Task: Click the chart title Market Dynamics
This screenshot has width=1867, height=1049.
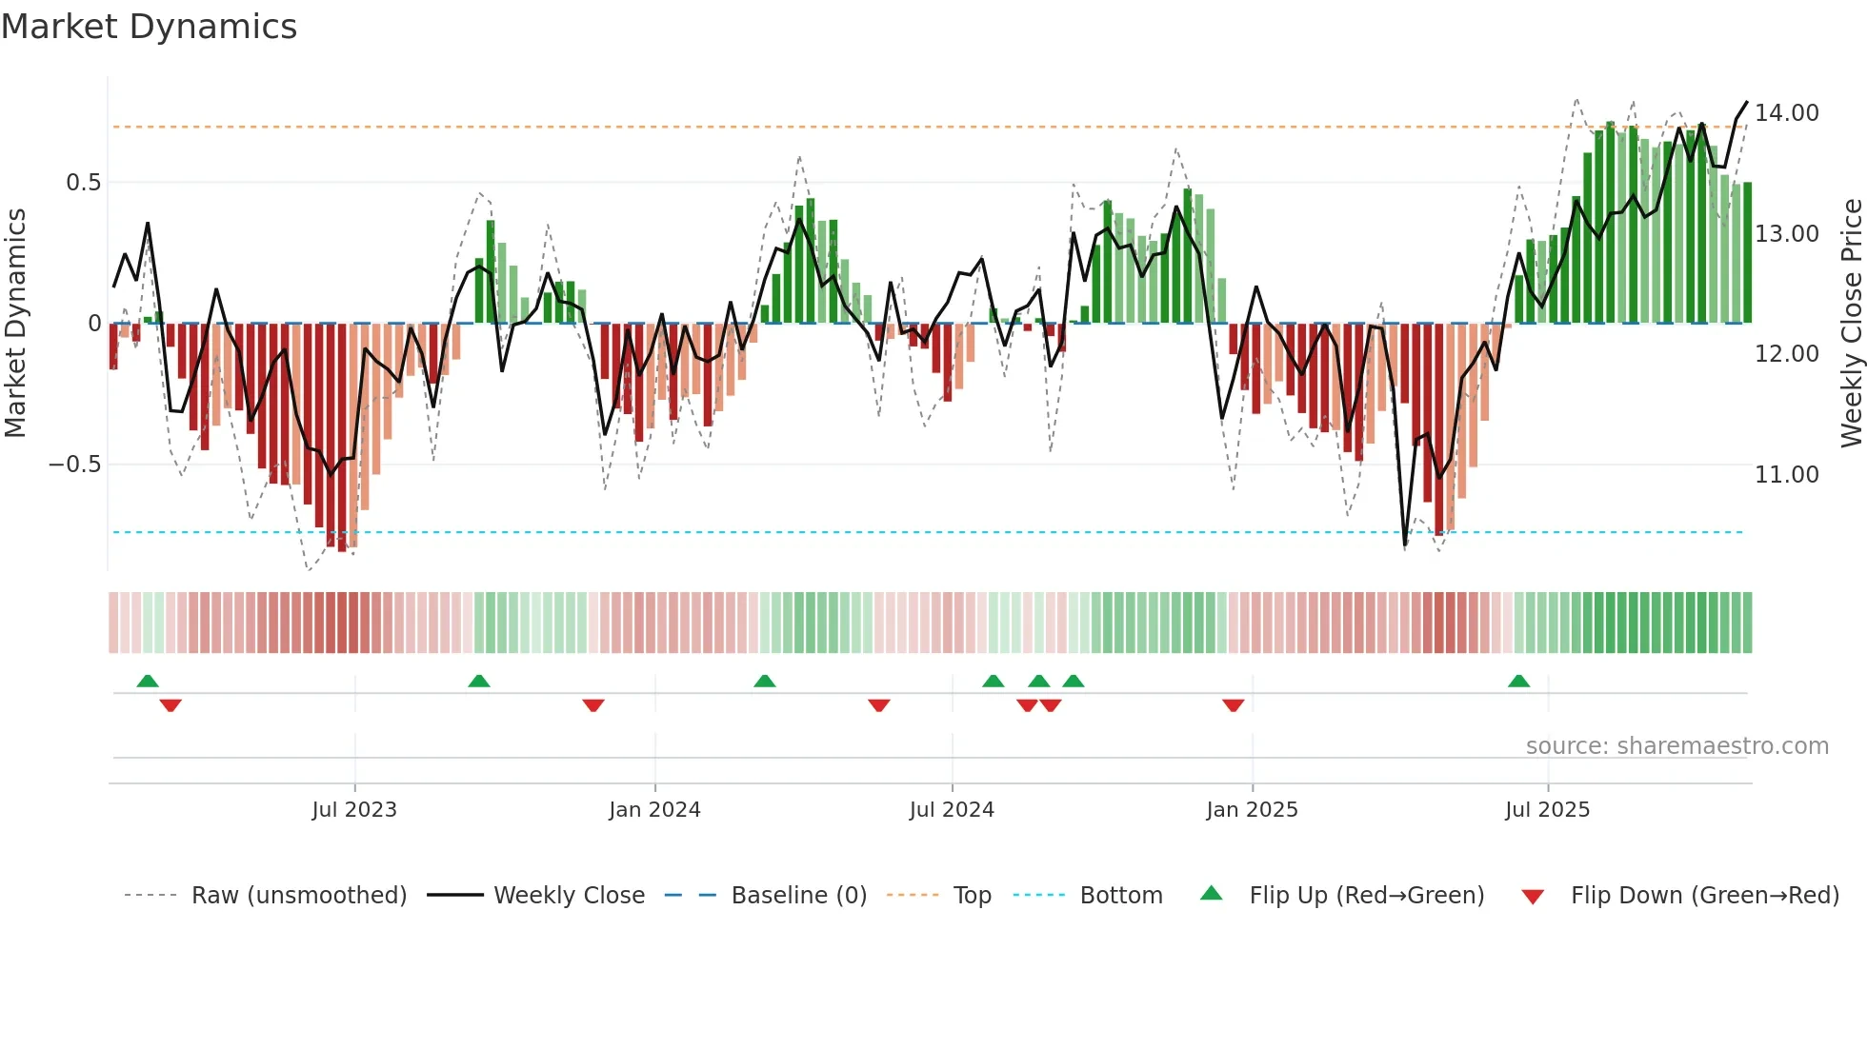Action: point(149,27)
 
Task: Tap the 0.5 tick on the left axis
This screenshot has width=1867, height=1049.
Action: point(84,183)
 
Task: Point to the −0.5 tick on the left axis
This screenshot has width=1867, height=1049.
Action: point(75,465)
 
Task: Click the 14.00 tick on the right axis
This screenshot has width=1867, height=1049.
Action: point(1787,113)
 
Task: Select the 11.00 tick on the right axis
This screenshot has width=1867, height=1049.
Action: point(1787,474)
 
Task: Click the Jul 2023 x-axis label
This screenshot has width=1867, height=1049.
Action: point(354,810)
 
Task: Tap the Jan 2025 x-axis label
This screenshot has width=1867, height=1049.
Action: point(1252,810)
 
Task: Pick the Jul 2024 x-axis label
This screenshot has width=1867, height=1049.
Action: point(952,810)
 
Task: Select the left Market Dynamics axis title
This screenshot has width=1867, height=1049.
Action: point(15,324)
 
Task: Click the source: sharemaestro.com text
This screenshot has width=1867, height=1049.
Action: point(1676,746)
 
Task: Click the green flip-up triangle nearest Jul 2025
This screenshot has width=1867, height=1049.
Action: point(1518,681)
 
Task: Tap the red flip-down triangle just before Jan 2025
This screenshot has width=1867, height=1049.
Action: point(1233,705)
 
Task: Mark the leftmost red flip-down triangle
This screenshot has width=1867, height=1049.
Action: point(171,705)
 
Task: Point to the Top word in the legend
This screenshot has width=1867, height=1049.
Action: point(972,896)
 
